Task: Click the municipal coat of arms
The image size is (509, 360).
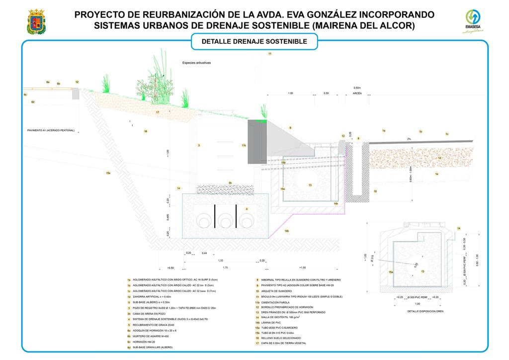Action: (35, 21)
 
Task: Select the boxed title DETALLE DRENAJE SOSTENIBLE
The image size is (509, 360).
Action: (254, 42)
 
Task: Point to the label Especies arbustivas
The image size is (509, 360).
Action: (197, 63)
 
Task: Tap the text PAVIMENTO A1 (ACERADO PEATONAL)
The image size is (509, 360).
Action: (51, 130)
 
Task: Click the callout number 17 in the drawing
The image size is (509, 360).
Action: (158, 112)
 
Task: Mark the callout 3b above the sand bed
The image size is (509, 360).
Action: (230, 183)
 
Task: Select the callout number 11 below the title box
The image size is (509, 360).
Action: (270, 53)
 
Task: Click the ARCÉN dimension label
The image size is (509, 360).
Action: (357, 93)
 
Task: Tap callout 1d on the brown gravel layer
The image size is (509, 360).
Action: (439, 158)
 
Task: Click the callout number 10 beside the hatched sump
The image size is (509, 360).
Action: (375, 191)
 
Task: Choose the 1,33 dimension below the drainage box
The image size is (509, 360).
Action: (220, 260)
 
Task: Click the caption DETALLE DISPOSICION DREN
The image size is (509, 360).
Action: (425, 311)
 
